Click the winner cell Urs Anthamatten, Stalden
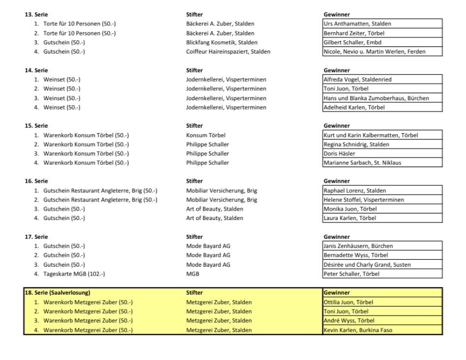357,24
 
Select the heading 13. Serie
36,15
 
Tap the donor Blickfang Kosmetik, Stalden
222,42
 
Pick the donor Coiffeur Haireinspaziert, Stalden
228,52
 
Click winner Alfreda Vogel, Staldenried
357,79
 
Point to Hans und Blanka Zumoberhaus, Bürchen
376,98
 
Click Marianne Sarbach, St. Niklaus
362,163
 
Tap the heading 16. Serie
36,181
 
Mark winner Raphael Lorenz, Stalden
354,191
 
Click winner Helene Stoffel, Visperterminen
364,200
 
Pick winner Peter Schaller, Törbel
351,274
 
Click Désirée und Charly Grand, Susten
367,265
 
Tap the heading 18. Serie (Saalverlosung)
58,293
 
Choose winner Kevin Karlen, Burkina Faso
358,330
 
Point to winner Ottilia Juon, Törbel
348,302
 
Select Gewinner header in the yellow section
337,293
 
